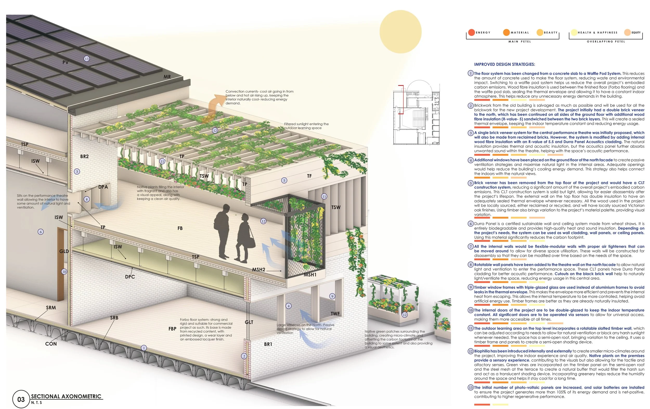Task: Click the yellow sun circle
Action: tap(400, 31)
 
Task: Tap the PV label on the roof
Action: tap(65, 62)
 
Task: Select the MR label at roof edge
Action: tap(167, 77)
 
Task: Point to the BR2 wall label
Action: tap(84, 156)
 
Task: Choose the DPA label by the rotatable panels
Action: tap(103, 187)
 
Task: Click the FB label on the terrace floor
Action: tap(180, 228)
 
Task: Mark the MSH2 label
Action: tap(259, 270)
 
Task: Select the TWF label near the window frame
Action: tap(335, 314)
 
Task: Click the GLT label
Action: tap(249, 322)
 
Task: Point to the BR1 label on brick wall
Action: tap(268, 344)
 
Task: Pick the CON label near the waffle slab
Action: tap(51, 344)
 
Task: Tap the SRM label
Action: tap(51, 308)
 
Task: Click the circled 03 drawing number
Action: tap(21, 399)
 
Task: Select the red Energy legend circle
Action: tap(471, 33)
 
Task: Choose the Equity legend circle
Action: tap(627, 33)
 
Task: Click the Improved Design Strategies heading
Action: tap(504, 64)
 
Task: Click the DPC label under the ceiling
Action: tap(130, 277)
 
